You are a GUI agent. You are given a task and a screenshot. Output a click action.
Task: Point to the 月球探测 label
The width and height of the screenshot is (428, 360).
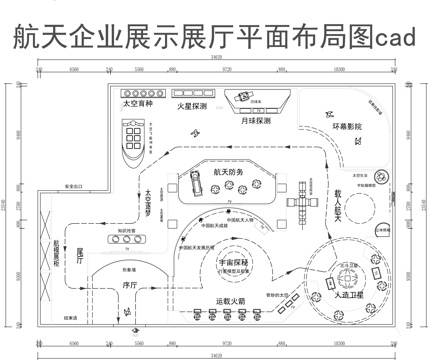coord(251,121)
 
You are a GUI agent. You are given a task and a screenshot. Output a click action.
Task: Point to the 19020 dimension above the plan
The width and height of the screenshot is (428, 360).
coord(215,60)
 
